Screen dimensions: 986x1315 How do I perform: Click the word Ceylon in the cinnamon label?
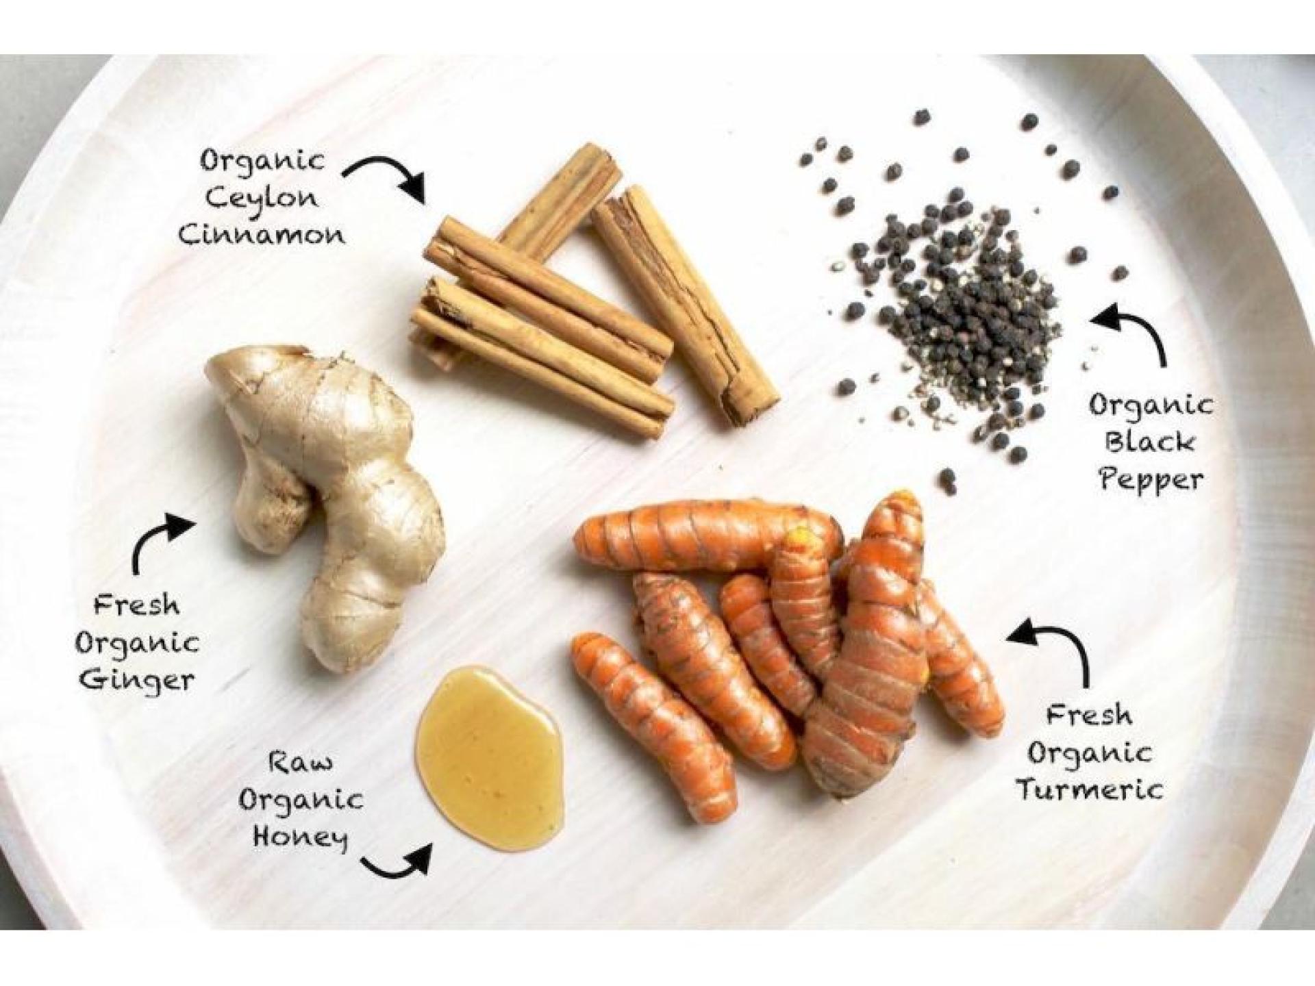click(x=262, y=199)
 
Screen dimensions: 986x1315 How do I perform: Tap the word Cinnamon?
click(x=261, y=236)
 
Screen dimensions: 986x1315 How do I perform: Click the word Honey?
click(x=300, y=837)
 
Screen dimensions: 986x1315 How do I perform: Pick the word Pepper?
click(x=1151, y=479)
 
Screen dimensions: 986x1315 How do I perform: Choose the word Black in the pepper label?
click(x=1149, y=442)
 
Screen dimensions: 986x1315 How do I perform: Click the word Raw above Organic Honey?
click(x=301, y=761)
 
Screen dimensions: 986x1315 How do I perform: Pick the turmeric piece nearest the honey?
click(x=651, y=726)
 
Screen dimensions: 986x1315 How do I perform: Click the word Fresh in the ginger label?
click(x=136, y=605)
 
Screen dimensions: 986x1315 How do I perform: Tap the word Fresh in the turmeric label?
click(x=1089, y=716)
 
